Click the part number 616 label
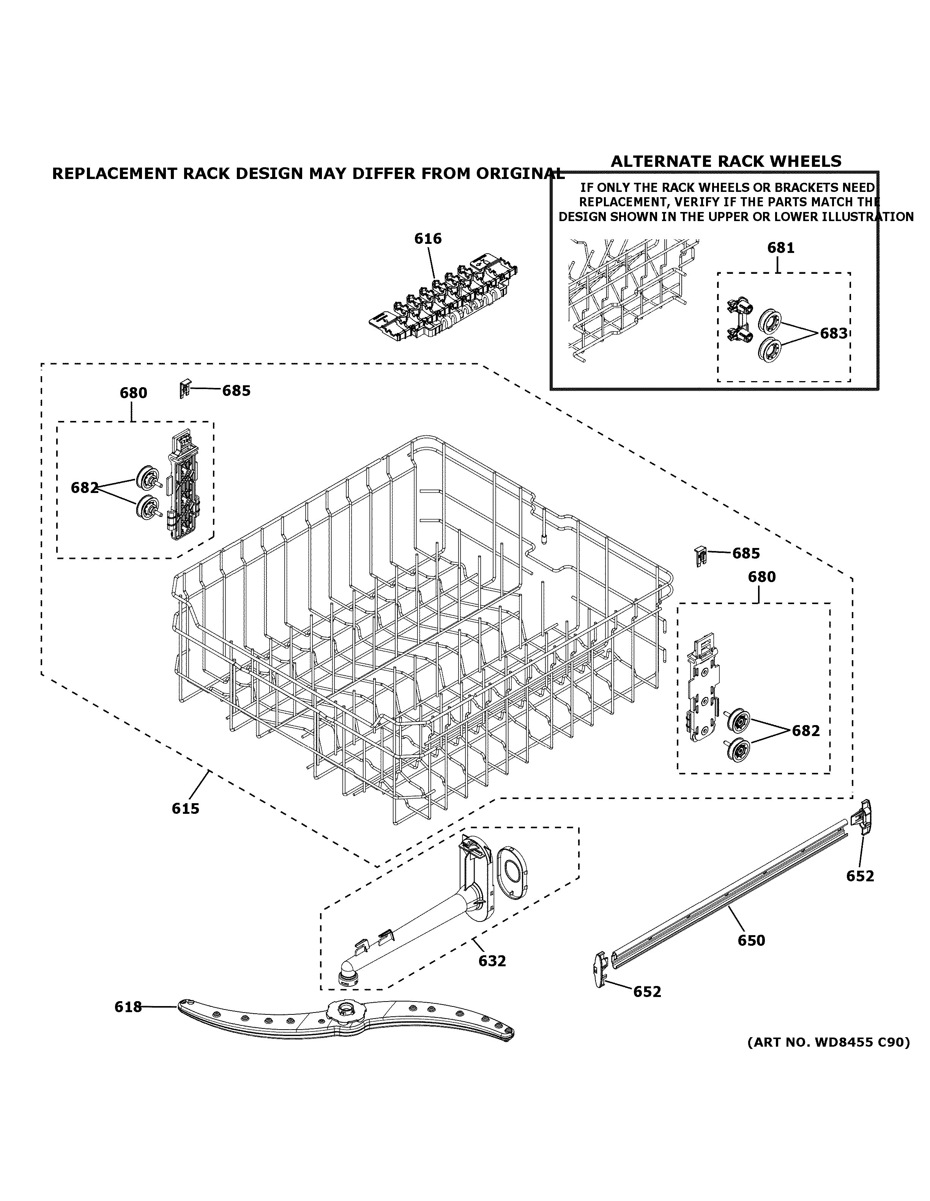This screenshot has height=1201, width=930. point(427,239)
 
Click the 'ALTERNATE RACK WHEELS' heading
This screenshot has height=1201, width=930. point(726,161)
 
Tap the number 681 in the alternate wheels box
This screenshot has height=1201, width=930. point(780,248)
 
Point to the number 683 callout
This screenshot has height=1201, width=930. point(833,333)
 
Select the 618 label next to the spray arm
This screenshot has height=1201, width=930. point(128,1007)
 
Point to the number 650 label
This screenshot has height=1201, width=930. point(751,940)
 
